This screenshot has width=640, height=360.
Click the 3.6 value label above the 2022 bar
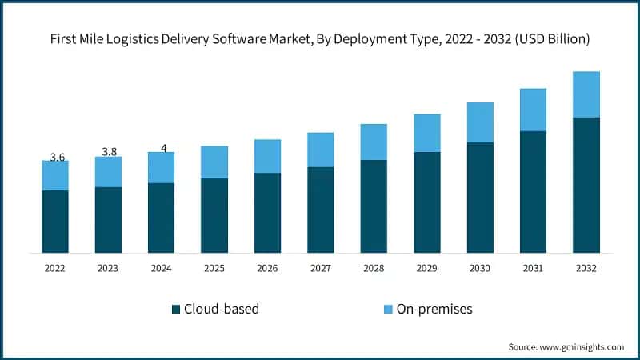[x=57, y=158]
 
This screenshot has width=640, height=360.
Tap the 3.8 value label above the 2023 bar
[x=109, y=152]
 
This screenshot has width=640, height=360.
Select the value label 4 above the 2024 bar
[x=163, y=148]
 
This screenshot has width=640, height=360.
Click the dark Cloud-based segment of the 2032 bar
[x=586, y=185]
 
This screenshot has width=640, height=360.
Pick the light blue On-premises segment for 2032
[x=586, y=94]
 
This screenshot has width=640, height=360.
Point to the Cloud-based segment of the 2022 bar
[x=55, y=222]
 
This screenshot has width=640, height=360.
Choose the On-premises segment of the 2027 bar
[x=321, y=150]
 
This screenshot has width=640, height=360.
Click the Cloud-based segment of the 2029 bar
[x=427, y=202]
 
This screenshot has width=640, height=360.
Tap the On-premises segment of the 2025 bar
[x=214, y=162]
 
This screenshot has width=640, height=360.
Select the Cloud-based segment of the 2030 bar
[x=480, y=198]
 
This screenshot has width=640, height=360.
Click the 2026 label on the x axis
[x=267, y=270]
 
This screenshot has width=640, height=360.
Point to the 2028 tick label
[x=374, y=270]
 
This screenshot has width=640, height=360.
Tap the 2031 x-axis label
[x=533, y=270]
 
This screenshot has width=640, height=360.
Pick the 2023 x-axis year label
[x=109, y=270]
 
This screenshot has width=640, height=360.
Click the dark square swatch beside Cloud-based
[x=175, y=309]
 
